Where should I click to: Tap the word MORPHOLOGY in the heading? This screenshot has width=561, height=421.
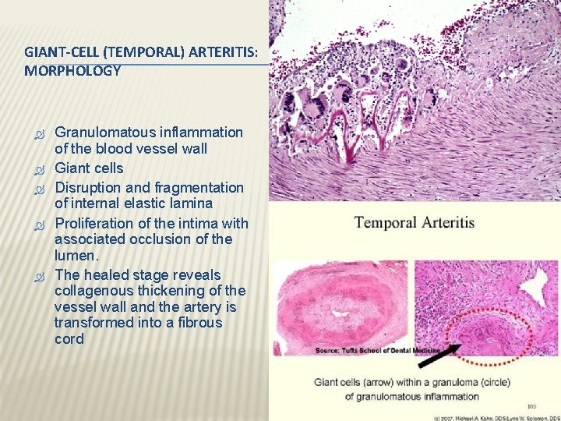(72, 71)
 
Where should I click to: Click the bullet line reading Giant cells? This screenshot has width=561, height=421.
(89, 168)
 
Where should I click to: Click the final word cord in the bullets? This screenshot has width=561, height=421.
(69, 339)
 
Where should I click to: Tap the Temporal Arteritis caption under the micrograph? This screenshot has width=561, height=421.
(414, 223)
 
